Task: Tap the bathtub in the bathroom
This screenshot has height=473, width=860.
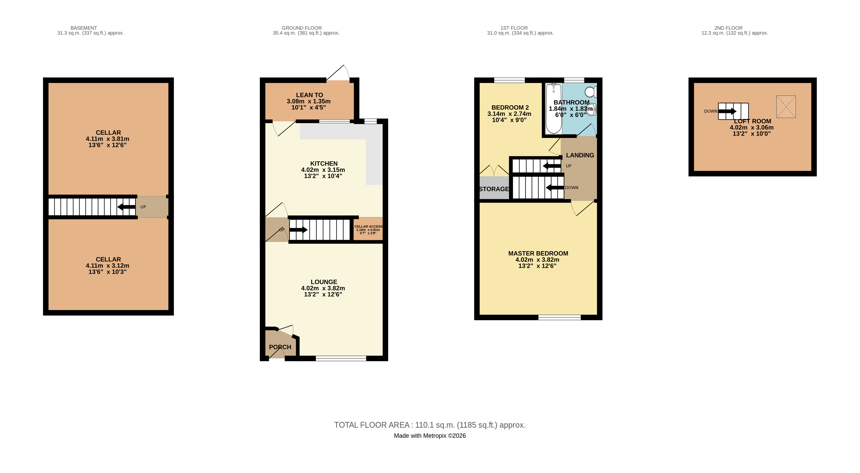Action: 553,109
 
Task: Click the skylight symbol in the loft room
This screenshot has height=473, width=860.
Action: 786,106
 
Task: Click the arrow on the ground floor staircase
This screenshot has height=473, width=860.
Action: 298,230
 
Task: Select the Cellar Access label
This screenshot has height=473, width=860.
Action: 368,226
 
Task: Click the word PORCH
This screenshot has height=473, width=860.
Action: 280,347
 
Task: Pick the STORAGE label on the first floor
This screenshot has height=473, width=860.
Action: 494,189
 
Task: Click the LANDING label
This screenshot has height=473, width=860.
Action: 580,155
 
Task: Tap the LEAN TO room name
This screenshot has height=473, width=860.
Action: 309,95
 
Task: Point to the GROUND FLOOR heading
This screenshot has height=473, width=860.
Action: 301,28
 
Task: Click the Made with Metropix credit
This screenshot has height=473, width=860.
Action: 430,436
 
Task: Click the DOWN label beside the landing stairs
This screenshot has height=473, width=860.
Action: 572,188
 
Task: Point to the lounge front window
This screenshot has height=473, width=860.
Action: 341,358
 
